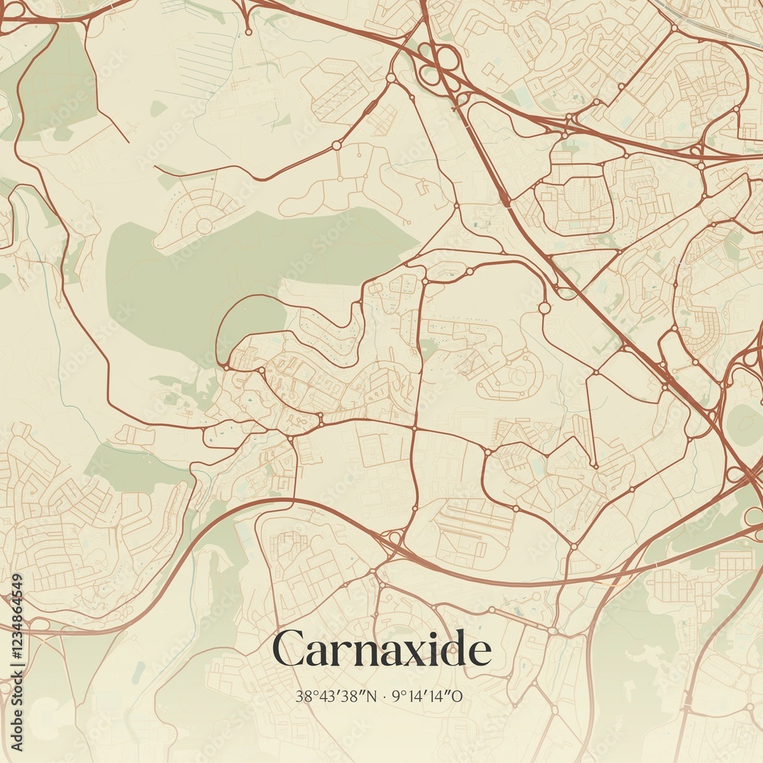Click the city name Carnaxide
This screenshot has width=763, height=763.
point(381,651)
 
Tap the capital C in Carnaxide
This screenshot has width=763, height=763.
point(288,651)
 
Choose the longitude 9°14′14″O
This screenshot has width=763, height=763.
point(427,696)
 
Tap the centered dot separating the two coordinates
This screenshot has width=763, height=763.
point(384,696)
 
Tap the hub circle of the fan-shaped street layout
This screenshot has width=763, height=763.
point(204,226)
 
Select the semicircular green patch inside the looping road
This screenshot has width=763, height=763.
point(250,324)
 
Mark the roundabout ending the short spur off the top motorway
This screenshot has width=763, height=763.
point(248,31)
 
